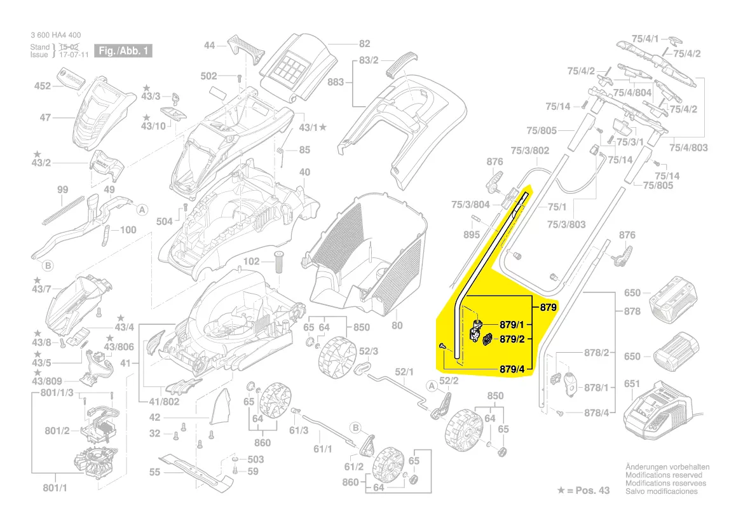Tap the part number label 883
[336, 82]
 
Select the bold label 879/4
[511, 369]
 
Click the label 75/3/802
[530, 151]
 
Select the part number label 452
[42, 86]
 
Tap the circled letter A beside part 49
[142, 209]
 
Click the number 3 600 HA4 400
[55, 35]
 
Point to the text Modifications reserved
[664, 475]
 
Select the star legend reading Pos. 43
[583, 491]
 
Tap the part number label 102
[252, 262]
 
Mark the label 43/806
[119, 346]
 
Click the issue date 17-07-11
[74, 55]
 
